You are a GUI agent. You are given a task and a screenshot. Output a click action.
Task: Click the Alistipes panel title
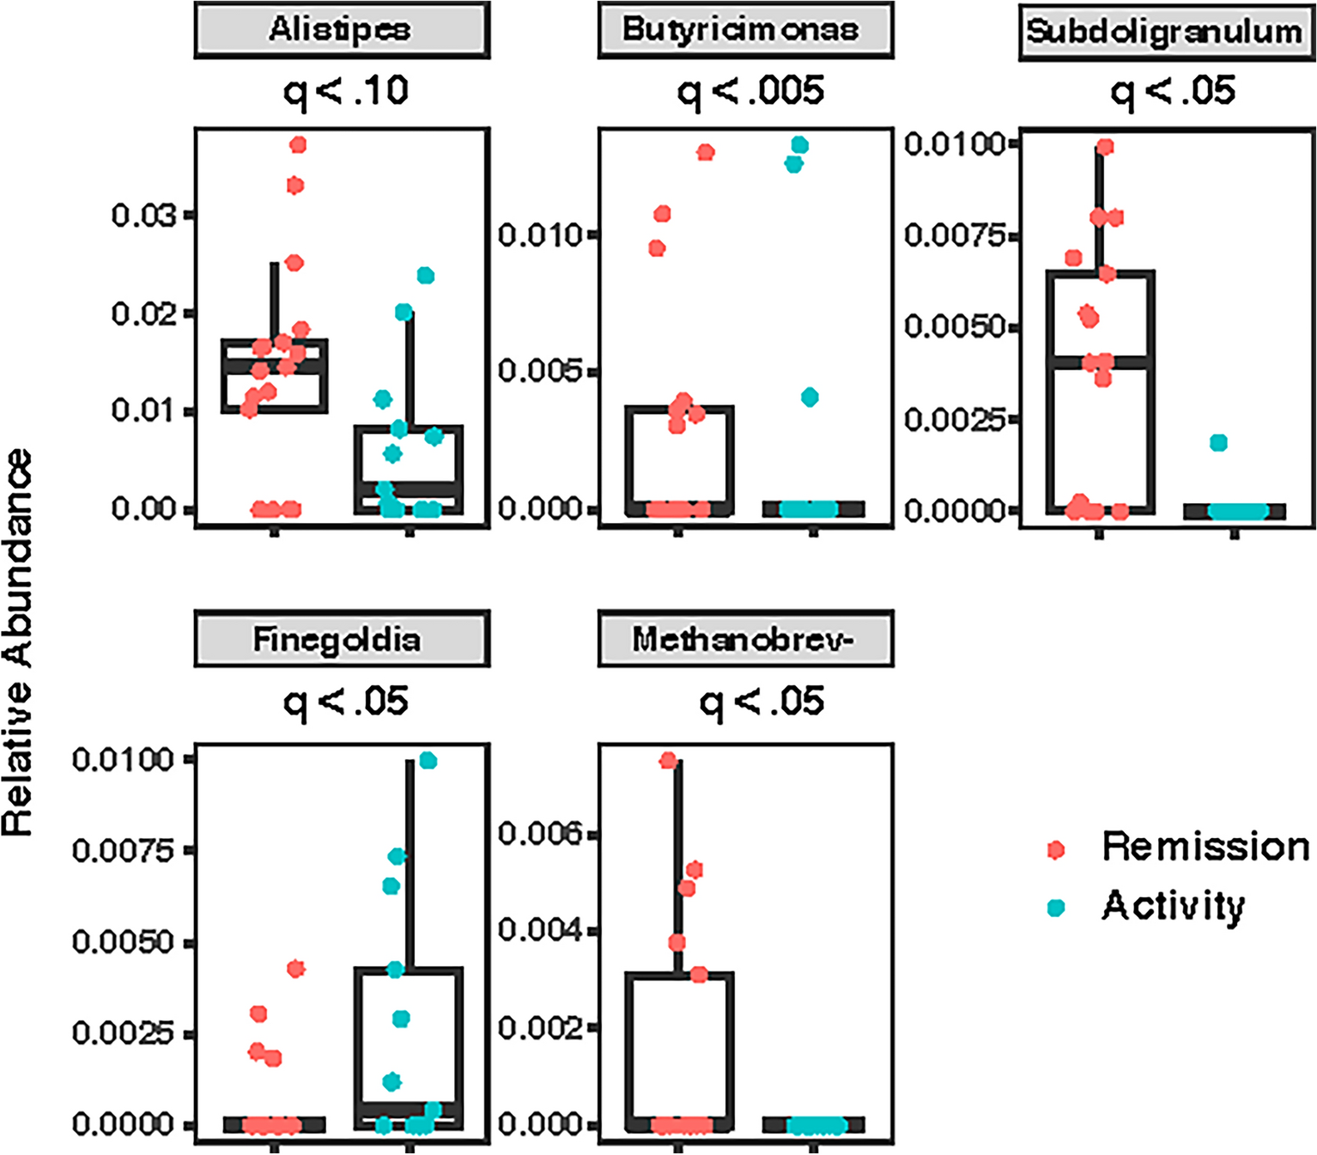341,30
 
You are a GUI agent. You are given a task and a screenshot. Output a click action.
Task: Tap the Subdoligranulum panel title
1165,32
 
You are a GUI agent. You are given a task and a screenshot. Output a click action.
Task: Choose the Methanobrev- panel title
744,640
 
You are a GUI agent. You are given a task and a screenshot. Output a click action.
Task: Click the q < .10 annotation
346,91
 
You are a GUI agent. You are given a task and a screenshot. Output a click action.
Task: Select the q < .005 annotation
750,91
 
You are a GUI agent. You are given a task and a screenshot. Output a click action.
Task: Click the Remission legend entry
1205,848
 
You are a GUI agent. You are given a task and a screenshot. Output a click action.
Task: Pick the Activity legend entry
1173,907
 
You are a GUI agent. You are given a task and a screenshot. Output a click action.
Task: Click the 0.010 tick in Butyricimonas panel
541,234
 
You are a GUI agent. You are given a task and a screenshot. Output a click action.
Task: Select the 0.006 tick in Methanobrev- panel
541,833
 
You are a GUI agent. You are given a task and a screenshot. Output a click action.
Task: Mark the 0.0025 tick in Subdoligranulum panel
954,419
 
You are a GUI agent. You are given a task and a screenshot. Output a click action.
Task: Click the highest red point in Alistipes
298,145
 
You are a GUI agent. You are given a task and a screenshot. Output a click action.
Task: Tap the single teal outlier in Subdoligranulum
1218,443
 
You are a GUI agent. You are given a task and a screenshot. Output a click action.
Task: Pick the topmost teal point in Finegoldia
428,761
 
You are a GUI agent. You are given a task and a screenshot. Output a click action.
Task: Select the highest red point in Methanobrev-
668,760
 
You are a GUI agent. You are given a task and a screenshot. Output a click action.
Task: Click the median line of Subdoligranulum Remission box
1100,362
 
